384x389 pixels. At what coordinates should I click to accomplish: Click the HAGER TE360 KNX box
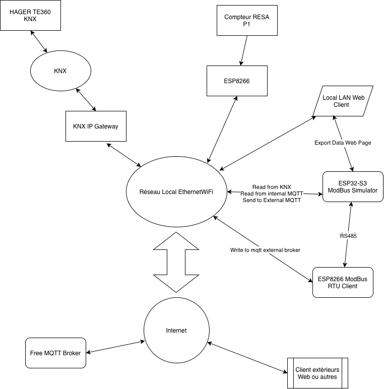31,16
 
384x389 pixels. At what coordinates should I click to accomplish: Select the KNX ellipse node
60,71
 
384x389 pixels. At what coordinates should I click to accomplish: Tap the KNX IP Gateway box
96,126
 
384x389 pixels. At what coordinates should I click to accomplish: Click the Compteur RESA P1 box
247,20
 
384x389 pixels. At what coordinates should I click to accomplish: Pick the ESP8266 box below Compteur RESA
237,81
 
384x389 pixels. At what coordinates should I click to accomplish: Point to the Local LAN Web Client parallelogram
343,101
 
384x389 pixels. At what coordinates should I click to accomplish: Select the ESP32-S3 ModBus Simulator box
353,186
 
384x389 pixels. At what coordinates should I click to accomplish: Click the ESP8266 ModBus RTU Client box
343,282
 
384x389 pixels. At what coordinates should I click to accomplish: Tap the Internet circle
176,330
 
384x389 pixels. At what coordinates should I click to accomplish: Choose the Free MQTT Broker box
55,353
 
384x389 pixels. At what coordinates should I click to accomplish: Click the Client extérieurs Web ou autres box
318,373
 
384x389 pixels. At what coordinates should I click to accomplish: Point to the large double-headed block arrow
176,262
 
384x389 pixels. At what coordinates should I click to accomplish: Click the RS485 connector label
348,236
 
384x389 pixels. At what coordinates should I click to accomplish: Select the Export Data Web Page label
343,143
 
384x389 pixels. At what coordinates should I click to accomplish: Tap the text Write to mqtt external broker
265,250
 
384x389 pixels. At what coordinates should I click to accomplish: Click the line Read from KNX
272,187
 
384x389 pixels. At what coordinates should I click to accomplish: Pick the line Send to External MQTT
272,200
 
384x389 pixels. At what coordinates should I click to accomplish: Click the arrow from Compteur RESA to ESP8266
244,50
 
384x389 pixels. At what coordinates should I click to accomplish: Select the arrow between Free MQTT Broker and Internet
115,347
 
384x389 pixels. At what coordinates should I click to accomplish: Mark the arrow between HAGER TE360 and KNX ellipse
39,42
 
